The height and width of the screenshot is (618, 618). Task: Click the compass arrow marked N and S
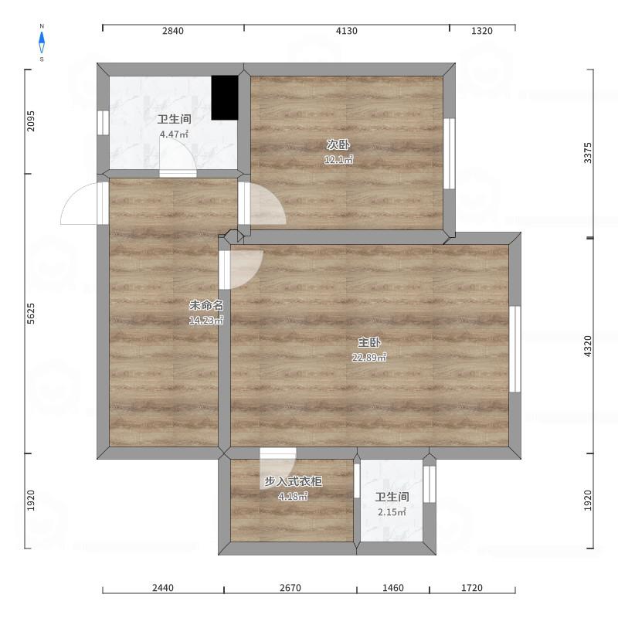point(42,42)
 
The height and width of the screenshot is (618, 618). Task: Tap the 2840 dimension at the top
point(172,31)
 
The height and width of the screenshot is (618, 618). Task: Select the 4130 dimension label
point(346,31)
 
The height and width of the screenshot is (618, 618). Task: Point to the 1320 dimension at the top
point(481,31)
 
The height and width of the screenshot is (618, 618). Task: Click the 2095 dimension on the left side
point(31,121)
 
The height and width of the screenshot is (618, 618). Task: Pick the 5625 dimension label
point(31,314)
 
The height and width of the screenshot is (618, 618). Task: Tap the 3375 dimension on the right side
point(587,153)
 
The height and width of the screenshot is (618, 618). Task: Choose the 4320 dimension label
point(587,346)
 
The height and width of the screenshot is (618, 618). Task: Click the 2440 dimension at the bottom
point(163,588)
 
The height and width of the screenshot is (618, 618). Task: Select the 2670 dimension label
point(290,588)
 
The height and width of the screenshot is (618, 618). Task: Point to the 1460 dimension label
point(393,588)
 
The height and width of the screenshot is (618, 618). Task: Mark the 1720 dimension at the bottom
point(472,588)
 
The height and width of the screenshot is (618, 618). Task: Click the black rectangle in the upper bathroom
point(225,98)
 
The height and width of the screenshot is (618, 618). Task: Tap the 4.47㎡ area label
point(174,134)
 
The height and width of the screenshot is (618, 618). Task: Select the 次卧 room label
point(338,144)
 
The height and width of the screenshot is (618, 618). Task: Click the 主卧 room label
point(369,342)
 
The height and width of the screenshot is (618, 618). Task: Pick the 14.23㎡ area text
point(206,320)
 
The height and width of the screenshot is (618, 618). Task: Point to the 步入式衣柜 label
point(293,481)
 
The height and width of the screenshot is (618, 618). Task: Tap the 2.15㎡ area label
point(392,512)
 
